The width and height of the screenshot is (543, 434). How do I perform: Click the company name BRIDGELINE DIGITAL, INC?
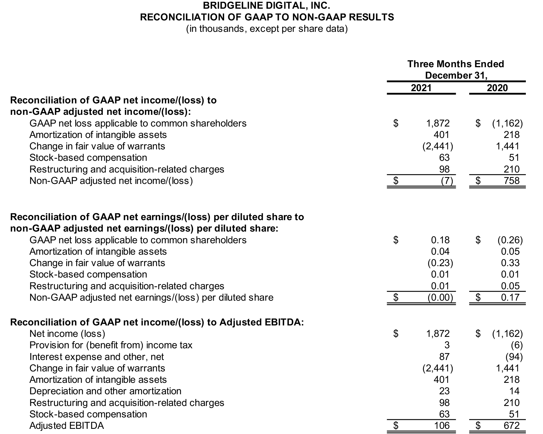(267, 5)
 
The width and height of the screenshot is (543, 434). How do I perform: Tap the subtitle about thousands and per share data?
(267, 29)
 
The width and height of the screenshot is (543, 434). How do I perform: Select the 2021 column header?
(421, 88)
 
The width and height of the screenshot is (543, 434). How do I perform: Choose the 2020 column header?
(497, 88)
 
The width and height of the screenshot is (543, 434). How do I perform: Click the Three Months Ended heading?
(456, 64)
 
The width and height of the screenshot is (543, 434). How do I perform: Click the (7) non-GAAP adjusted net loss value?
(447, 181)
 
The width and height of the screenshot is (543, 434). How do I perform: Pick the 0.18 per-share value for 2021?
(440, 240)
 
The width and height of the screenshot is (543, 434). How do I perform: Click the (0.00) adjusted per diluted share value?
(440, 297)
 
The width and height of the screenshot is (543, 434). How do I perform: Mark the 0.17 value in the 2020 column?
(510, 297)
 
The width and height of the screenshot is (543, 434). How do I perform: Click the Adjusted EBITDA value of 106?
(441, 425)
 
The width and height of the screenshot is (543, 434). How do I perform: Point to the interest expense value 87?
(444, 356)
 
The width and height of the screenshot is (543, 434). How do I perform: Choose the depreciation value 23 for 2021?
(444, 391)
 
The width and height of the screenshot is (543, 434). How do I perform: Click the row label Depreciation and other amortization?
(105, 391)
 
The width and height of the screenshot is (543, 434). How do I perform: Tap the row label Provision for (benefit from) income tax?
(111, 345)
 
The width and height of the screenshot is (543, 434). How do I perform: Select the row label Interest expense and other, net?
(97, 356)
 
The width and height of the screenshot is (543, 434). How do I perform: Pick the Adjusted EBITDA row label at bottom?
(67, 425)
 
